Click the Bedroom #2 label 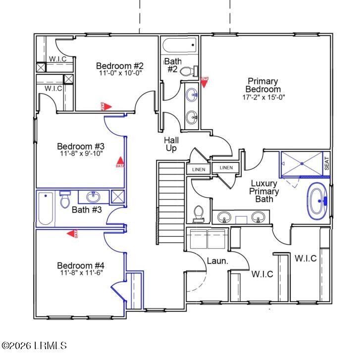pyautogui.click(x=120, y=66)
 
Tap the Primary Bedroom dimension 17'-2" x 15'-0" pyautogui.click(x=263, y=98)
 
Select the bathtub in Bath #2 pyautogui.click(x=180, y=46)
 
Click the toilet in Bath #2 pyautogui.click(x=188, y=71)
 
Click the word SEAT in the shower pyautogui.click(x=327, y=163)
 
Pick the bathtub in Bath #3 pyautogui.click(x=46, y=208)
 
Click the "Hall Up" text pyautogui.click(x=171, y=144)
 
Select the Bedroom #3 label pyautogui.click(x=81, y=147)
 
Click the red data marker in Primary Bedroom pyautogui.click(x=204, y=80)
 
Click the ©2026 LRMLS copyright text pyautogui.click(x=34, y=346)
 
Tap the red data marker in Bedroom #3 pyautogui.click(x=119, y=162)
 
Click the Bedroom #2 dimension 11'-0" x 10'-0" pyautogui.click(x=120, y=73)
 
